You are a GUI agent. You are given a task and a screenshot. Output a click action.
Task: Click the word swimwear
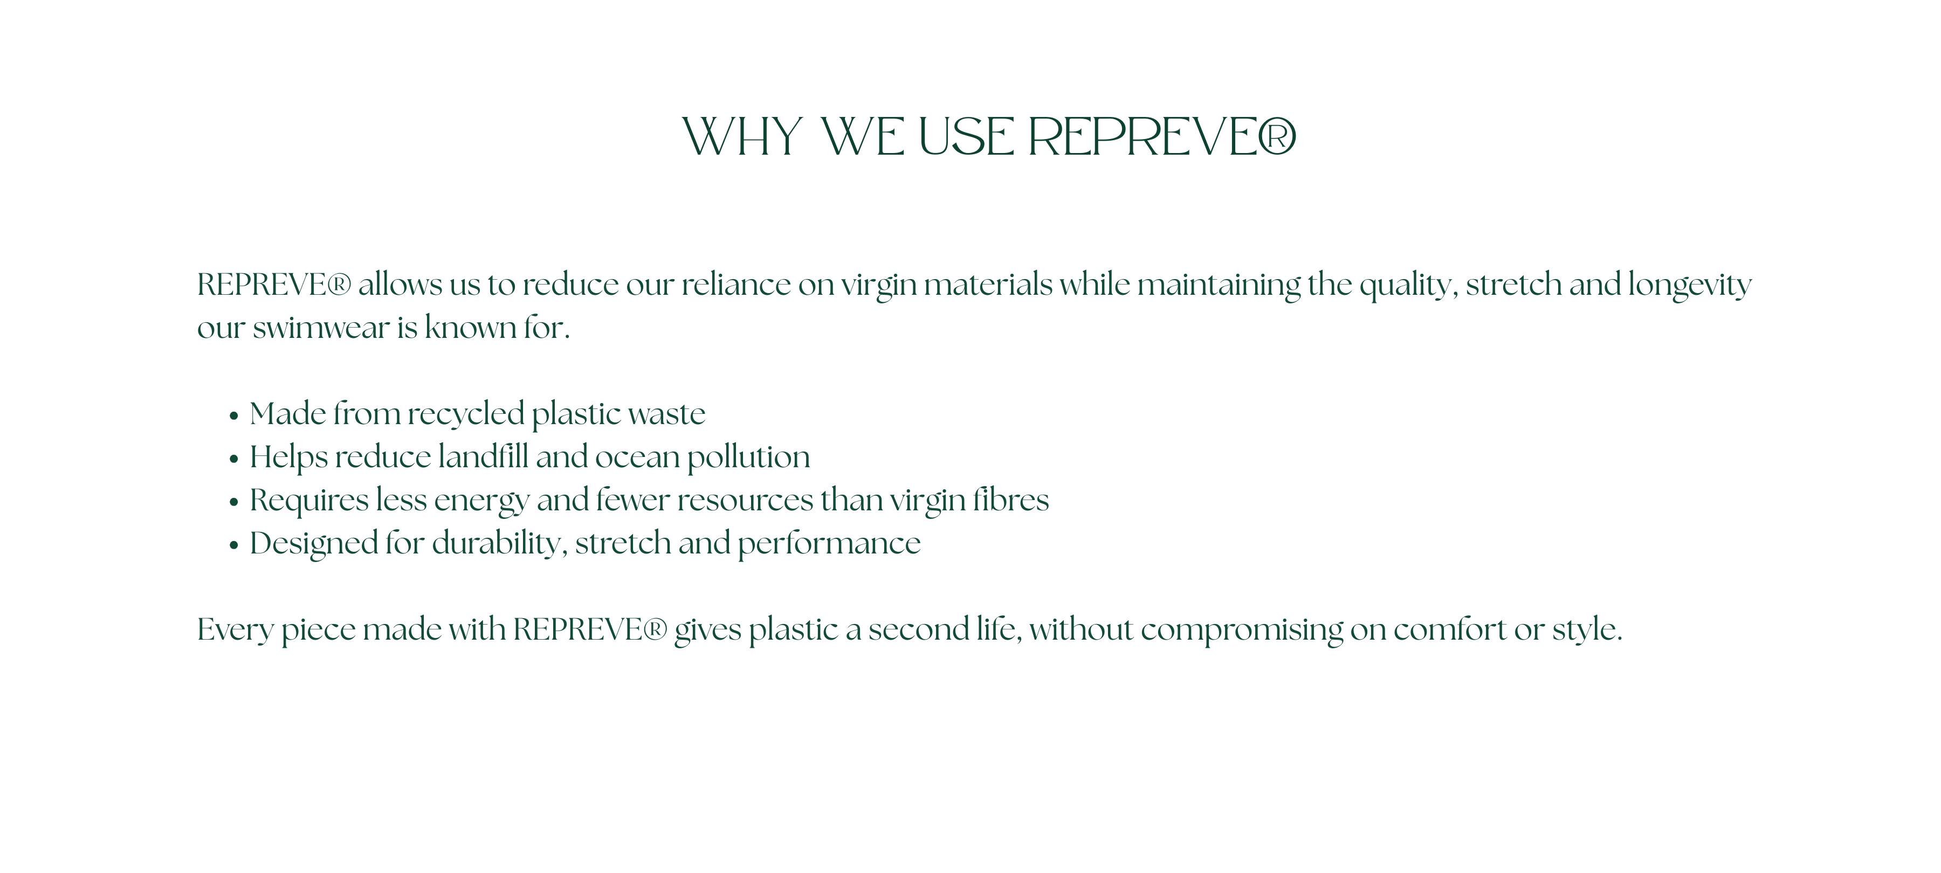[x=321, y=328]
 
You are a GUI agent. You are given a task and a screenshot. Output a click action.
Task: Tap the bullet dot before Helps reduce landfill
[x=233, y=459]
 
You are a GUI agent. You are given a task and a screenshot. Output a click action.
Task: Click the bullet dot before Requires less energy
[x=233, y=502]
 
